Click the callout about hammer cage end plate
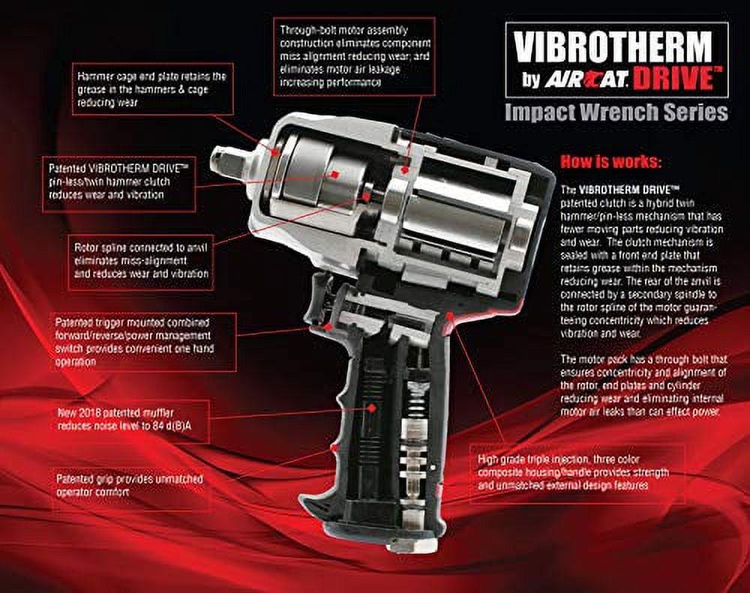coord(153,88)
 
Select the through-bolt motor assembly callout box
coord(353,56)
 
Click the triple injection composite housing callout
coord(577,471)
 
